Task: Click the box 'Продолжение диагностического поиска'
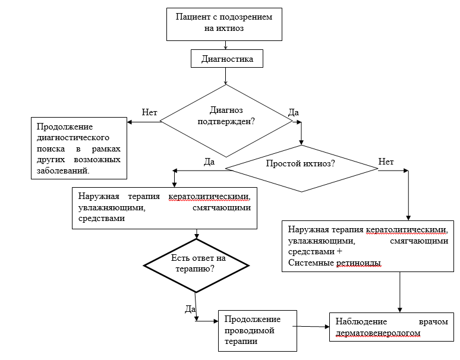79,148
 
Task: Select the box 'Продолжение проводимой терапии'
257,330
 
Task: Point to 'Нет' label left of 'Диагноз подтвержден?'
149,112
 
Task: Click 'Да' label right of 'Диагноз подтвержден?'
293,112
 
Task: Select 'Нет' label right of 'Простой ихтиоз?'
386,161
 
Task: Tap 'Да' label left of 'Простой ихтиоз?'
209,162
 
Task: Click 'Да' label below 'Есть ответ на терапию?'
190,308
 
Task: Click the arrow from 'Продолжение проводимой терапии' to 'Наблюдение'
312,326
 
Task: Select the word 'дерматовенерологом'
377,333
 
